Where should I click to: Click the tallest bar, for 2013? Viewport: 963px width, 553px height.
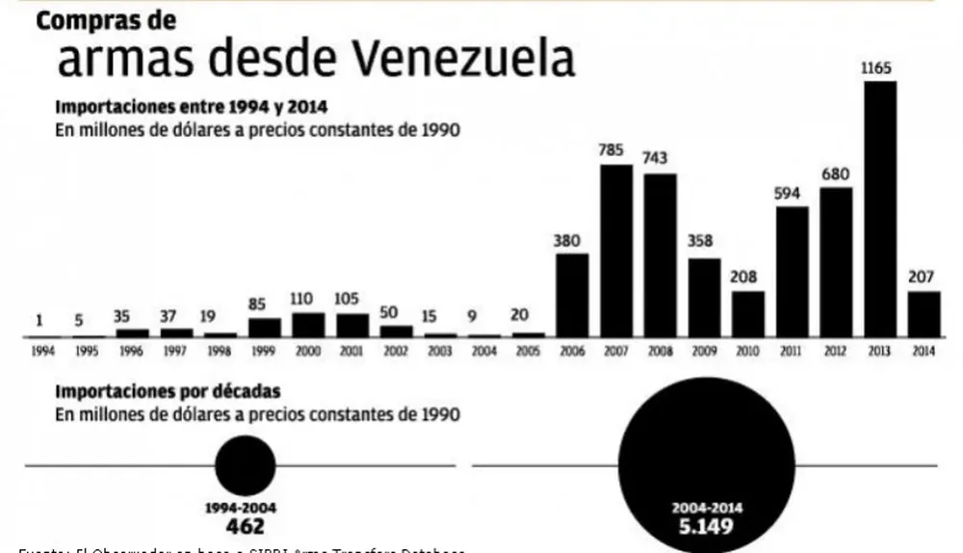coord(880,208)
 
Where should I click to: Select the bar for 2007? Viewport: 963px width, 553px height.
coord(616,250)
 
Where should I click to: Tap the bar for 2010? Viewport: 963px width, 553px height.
coord(748,313)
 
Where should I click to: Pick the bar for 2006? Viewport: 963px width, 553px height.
coord(572,295)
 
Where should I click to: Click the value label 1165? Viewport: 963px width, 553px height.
coord(880,68)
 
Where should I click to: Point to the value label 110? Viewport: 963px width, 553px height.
coord(308,298)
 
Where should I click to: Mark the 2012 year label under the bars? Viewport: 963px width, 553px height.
coord(836,353)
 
